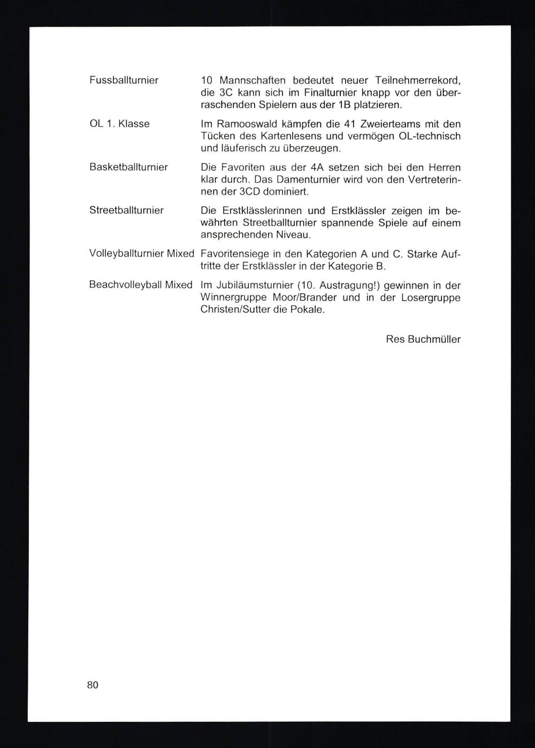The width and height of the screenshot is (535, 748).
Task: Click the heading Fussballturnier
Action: [x=124, y=80]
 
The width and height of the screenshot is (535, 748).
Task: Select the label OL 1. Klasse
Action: [x=119, y=124]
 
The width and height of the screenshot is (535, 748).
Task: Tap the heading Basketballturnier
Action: [x=128, y=167]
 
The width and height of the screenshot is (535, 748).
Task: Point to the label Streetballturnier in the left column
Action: [x=126, y=210]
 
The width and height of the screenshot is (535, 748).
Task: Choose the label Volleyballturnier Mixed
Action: [x=141, y=254]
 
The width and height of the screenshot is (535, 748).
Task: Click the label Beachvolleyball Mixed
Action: [x=141, y=285]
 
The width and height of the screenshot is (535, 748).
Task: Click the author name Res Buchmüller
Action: [x=423, y=339]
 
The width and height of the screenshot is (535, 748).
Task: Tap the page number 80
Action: [x=93, y=685]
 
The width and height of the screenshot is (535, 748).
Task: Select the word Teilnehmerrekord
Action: [x=417, y=80]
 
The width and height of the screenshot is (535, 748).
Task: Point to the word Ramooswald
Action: [x=243, y=124]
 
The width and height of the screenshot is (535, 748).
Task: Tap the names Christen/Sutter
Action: [x=235, y=310]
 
